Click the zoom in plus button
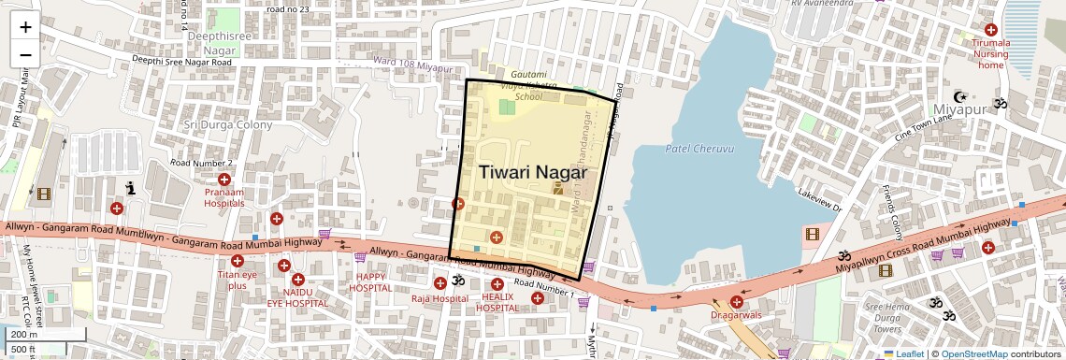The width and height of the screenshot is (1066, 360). [25, 27]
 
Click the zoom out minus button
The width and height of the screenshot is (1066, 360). [25, 54]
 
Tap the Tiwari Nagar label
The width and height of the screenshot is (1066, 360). [533, 172]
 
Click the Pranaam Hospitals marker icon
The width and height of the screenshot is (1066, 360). [224, 180]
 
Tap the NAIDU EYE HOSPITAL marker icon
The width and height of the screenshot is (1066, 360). [297, 280]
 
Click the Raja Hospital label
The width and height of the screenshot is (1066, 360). [439, 298]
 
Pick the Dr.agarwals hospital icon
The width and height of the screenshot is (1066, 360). [737, 301]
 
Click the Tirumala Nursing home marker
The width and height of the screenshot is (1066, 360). [991, 30]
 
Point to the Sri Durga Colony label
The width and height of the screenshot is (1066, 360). [228, 124]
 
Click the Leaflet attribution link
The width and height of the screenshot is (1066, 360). [910, 354]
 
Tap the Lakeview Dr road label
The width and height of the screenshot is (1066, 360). [820, 201]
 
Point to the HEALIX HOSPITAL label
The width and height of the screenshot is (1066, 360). [497, 302]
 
